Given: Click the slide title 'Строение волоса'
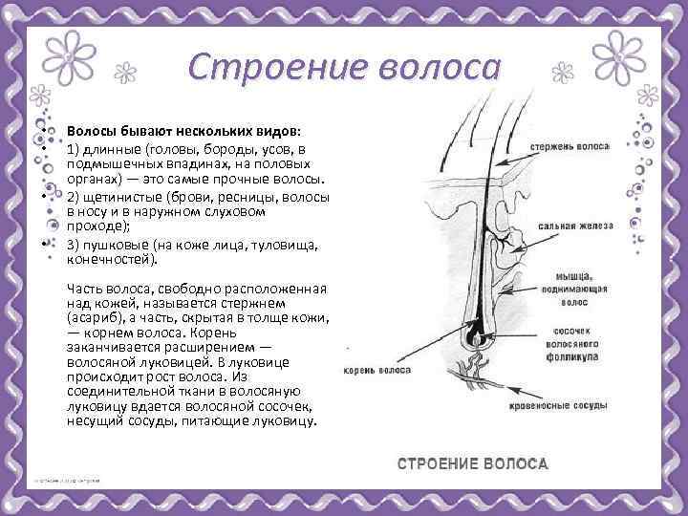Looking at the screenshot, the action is pyautogui.click(x=344, y=66).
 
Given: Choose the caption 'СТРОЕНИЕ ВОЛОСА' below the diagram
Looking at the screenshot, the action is pyautogui.click(x=472, y=463).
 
